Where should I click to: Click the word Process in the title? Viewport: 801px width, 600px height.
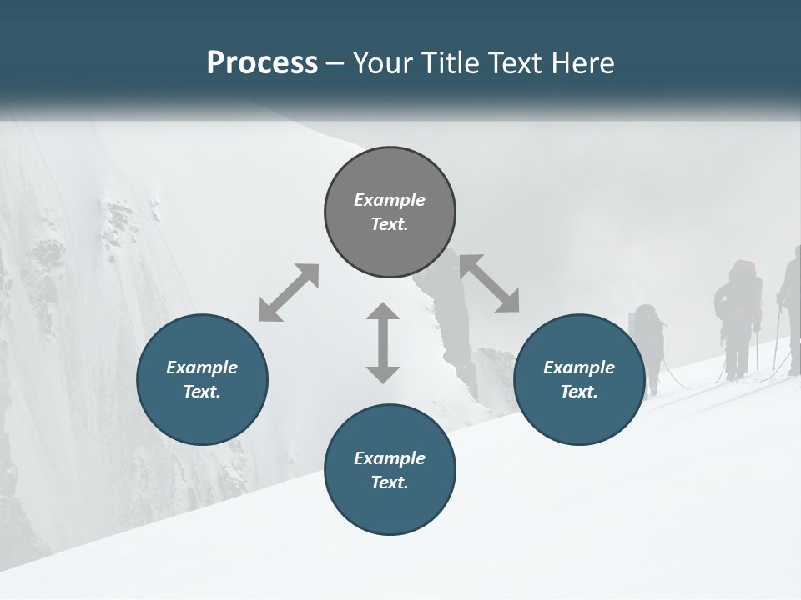[262, 63]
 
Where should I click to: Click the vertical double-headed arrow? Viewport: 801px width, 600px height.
[383, 342]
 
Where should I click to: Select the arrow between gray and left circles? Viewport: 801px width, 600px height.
[289, 292]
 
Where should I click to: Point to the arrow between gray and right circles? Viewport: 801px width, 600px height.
[490, 283]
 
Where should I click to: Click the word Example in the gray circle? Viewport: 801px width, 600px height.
[390, 200]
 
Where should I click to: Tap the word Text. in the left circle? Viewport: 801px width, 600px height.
[202, 392]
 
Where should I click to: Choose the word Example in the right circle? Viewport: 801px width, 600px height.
[579, 367]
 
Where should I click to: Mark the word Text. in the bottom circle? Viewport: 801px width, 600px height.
[390, 482]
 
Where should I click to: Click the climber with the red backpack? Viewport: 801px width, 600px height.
[738, 317]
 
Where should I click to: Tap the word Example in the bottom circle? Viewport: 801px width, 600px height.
[390, 458]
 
